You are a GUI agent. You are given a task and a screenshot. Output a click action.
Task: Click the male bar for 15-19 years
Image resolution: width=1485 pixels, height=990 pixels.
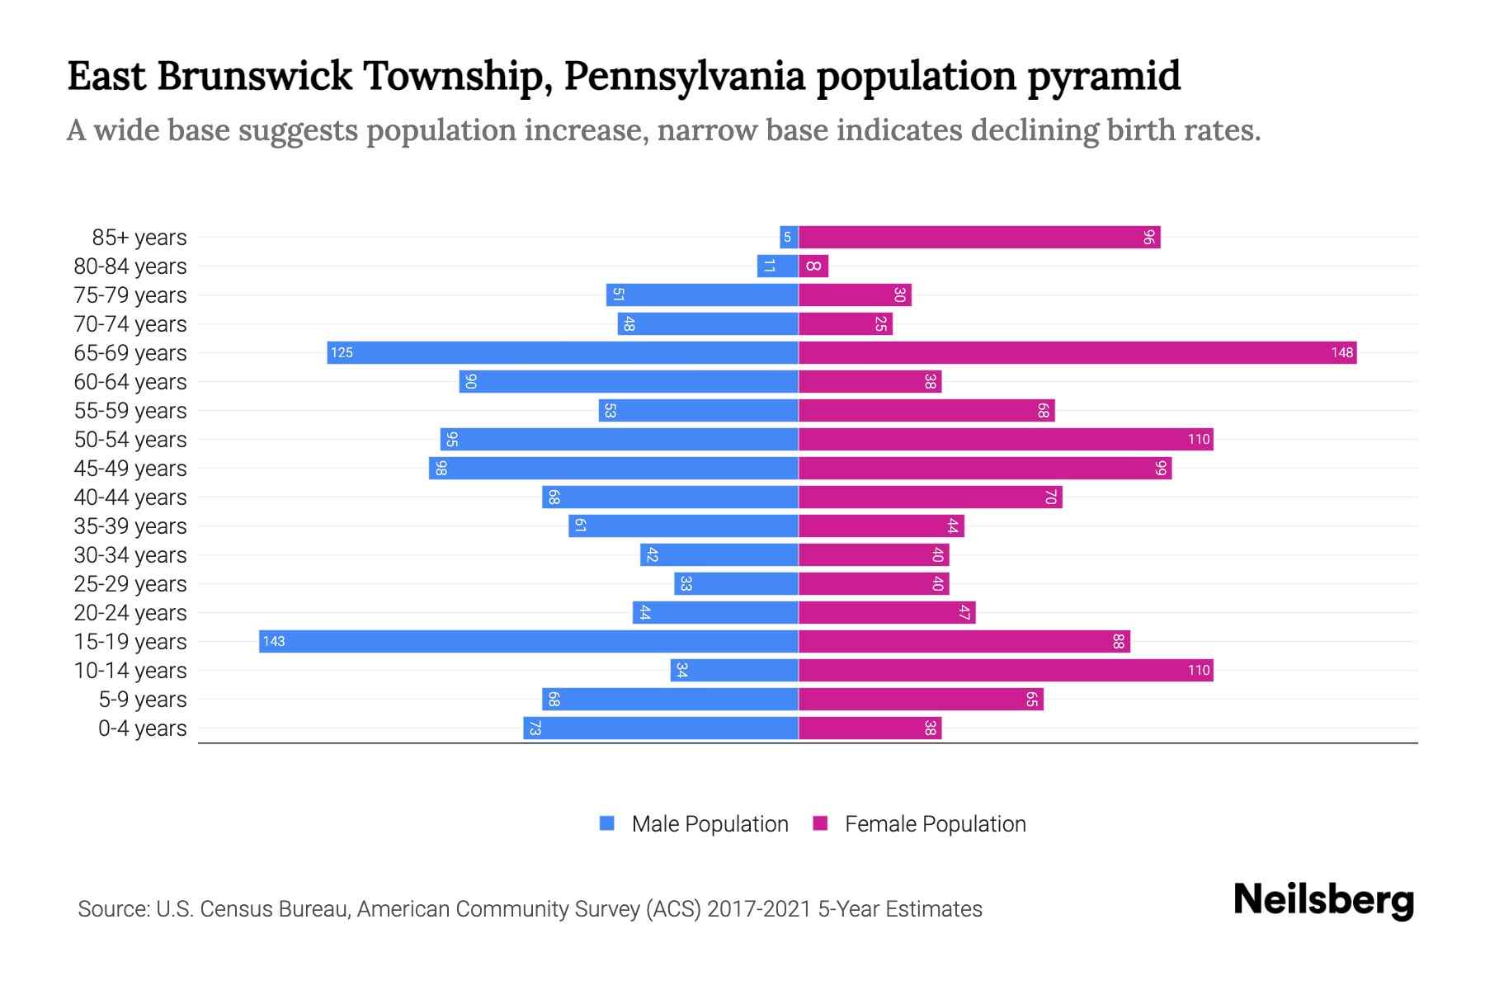(x=528, y=642)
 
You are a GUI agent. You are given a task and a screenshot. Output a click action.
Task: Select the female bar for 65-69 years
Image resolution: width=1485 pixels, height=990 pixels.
(x=1077, y=353)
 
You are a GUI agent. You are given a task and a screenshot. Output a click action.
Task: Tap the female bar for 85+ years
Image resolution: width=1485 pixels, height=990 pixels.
(x=978, y=238)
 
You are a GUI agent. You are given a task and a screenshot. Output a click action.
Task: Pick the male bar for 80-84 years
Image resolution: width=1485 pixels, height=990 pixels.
(x=777, y=266)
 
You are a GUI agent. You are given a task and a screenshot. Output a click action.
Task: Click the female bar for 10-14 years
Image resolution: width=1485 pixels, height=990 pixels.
(x=1005, y=671)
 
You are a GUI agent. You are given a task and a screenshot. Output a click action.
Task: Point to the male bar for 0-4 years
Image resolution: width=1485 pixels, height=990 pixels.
(x=660, y=728)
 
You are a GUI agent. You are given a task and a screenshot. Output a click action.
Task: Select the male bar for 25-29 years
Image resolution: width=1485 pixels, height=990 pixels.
(x=736, y=584)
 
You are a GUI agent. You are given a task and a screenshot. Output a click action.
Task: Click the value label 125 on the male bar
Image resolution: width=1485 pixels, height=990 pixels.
(x=342, y=353)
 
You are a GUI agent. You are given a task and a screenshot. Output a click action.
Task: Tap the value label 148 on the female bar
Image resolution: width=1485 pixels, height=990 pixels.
(x=1341, y=353)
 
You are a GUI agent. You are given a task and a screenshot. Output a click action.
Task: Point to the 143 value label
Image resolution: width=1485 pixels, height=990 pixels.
(x=274, y=642)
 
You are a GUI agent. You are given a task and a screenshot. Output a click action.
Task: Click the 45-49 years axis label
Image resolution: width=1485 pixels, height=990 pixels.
(x=130, y=469)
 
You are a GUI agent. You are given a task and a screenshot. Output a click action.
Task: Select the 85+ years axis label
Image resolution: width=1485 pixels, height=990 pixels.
(x=139, y=238)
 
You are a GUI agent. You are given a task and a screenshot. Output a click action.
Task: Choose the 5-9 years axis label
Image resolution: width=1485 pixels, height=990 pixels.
(x=143, y=700)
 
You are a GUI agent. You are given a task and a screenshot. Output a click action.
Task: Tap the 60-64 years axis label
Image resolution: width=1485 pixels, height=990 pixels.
(x=130, y=382)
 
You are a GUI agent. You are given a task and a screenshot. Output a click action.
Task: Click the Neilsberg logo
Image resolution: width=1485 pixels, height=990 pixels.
(x=1323, y=900)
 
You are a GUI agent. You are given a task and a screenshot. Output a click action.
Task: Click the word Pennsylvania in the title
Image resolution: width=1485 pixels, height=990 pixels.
(x=685, y=76)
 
